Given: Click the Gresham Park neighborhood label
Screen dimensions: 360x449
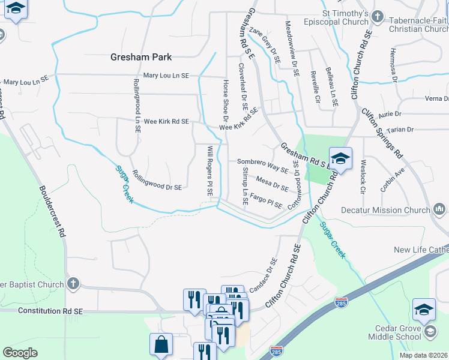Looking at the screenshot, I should coord(141,57).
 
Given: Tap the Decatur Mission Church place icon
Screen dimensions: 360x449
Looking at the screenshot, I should coord(439,209).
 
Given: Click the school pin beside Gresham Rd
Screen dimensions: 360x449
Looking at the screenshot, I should coord(340,160).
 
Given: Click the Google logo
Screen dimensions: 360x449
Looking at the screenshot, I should coord(20,353).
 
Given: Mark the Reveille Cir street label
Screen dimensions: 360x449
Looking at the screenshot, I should coord(315,89).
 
